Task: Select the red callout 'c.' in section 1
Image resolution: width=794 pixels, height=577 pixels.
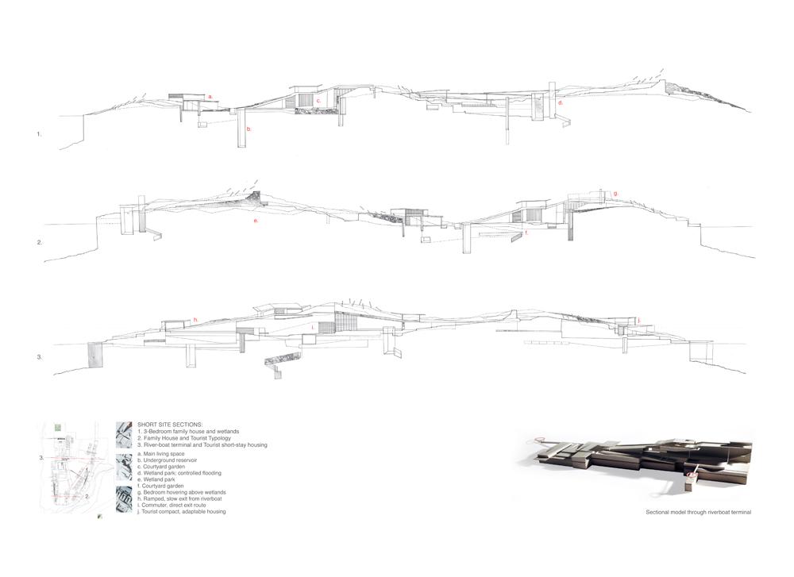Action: [318, 101]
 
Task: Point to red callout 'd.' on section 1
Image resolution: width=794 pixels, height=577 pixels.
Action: [560, 103]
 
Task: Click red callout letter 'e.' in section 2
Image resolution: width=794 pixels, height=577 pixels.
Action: [256, 220]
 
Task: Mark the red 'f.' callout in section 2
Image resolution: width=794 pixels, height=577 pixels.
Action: [526, 233]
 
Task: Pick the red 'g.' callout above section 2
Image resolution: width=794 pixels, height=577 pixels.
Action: [615, 193]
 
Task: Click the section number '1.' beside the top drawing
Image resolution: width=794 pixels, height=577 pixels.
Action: [39, 134]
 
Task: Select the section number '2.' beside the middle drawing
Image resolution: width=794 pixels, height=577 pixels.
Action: [39, 242]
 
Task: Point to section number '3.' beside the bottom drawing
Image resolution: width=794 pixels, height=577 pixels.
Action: [39, 358]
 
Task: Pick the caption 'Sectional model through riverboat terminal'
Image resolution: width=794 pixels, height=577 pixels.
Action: [700, 513]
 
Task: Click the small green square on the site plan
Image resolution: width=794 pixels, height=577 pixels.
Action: [58, 428]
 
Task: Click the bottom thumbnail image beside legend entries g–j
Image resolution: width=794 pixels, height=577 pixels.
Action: [123, 499]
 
